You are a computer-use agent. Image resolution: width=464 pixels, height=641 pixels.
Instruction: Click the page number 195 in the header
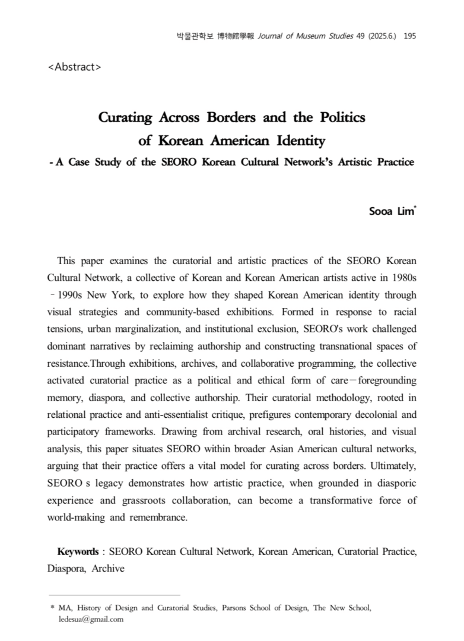(409, 36)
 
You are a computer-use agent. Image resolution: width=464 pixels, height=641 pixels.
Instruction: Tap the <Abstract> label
(74, 66)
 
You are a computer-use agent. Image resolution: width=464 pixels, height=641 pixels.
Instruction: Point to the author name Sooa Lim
(391, 211)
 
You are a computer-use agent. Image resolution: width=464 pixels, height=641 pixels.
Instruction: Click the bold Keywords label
(77, 552)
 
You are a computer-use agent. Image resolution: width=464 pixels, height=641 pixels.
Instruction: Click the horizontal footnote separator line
(113, 594)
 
